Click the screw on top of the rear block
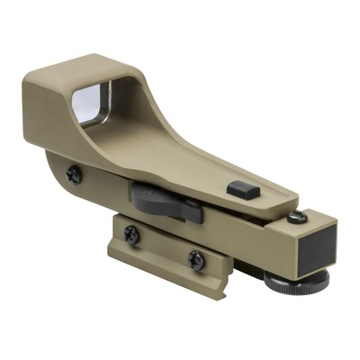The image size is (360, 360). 298,218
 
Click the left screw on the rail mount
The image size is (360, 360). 131,234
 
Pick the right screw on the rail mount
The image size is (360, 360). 196,260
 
